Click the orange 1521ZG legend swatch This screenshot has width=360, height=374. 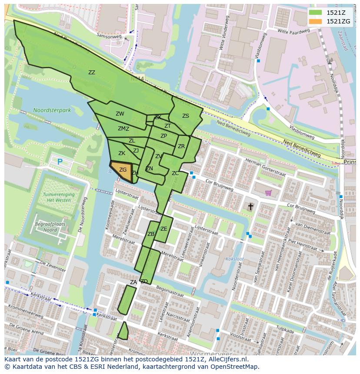pyautogui.click(x=316, y=21)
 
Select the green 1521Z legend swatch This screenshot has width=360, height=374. pyautogui.click(x=316, y=13)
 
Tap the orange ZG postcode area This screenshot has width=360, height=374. pyautogui.click(x=121, y=170)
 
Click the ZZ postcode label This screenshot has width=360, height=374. pyautogui.click(x=91, y=73)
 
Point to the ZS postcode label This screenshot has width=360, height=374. pyautogui.click(x=186, y=116)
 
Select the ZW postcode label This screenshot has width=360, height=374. pyautogui.click(x=120, y=114)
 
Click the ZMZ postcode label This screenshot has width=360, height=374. pyautogui.click(x=123, y=129)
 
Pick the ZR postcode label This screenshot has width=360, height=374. pyautogui.click(x=181, y=146)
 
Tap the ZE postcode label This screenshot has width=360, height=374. pyautogui.click(x=164, y=229)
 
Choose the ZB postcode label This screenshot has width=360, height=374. pyautogui.click(x=151, y=234)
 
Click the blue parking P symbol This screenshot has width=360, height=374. pyautogui.click(x=60, y=162)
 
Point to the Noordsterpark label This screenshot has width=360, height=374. pyautogui.click(x=52, y=110)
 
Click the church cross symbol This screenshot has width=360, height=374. pyautogui.click(x=250, y=206)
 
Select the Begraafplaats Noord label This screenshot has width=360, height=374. pyautogui.click(x=46, y=227)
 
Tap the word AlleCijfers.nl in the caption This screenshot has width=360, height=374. pyautogui.click(x=227, y=359)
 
